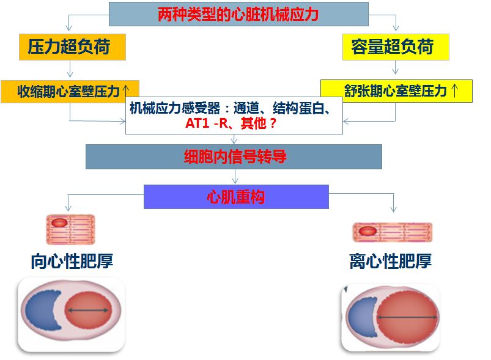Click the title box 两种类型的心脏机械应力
pyautogui.click(x=238, y=14)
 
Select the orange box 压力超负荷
pyautogui.click(x=68, y=47)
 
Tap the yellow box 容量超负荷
pyautogui.click(x=396, y=47)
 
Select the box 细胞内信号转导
pyautogui.click(x=234, y=156)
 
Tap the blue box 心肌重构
pyautogui.click(x=236, y=197)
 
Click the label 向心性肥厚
pyautogui.click(x=72, y=262)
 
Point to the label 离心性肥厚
pyautogui.click(x=391, y=262)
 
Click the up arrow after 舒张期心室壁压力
pyautogui.click(x=454, y=91)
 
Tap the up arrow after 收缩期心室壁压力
pyautogui.click(x=126, y=89)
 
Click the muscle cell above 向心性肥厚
pyautogui.click(x=70, y=229)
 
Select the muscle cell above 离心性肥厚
pyautogui.click(x=392, y=232)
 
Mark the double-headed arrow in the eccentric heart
pyautogui.click(x=407, y=318)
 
